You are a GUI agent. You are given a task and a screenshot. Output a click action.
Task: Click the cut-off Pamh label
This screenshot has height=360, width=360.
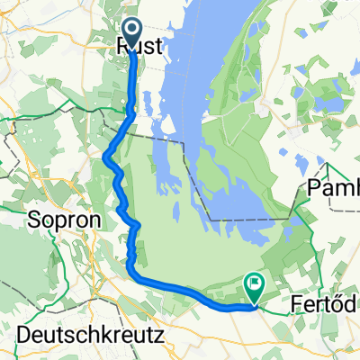333,187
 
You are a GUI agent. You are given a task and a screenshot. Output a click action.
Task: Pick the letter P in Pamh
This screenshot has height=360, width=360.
313,187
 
